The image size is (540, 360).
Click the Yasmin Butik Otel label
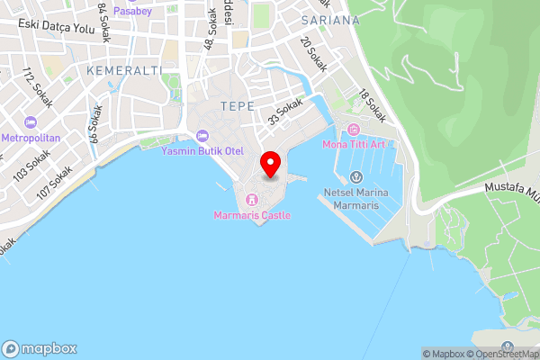[202, 151]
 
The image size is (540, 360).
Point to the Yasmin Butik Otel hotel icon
[202, 135]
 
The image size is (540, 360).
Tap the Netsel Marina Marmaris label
[355, 199]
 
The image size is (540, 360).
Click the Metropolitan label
[30, 138]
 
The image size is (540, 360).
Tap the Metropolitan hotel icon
[31, 122]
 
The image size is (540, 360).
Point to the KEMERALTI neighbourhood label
[124, 69]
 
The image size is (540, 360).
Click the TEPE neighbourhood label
[234, 105]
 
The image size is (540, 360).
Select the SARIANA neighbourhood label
[330, 19]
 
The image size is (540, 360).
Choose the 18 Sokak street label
[372, 105]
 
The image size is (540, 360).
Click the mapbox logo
[40, 348]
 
